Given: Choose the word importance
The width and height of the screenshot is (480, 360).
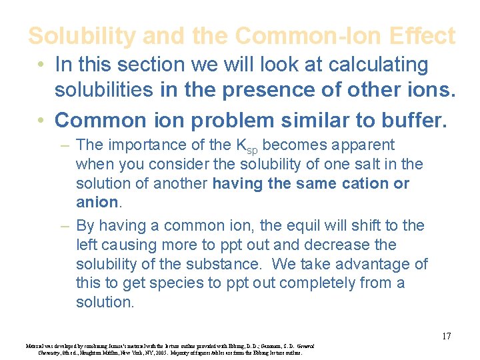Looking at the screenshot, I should (x=143, y=145).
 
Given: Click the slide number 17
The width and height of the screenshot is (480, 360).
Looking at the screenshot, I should (x=447, y=336).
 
